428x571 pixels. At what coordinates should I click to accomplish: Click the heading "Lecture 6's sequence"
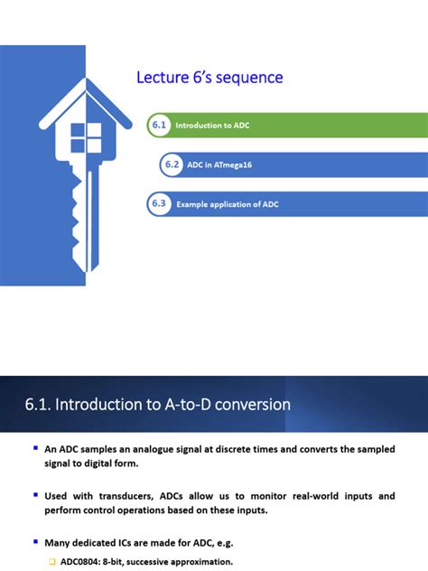(209, 78)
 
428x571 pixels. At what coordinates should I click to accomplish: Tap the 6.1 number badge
(159, 126)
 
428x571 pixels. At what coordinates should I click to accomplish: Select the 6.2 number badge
(172, 164)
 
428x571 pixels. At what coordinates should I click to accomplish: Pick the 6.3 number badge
(159, 203)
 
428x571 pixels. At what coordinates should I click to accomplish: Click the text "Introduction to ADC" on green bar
(212, 126)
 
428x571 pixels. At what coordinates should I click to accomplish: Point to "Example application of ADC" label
(228, 204)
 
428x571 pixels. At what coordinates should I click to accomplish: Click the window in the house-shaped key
(87, 138)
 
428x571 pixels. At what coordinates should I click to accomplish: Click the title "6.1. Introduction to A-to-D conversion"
(158, 404)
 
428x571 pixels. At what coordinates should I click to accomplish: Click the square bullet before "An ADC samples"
(35, 448)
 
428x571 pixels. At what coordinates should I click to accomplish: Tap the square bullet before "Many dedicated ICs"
(35, 542)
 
